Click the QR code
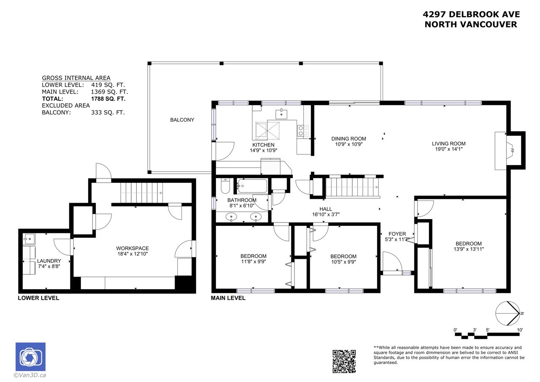pos(344,361)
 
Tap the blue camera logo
pos(31,357)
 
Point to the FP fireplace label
pos(512,151)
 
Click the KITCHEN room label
pos(263,145)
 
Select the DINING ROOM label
pos(348,139)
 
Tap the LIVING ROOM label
pos(448,144)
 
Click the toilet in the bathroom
pos(225,186)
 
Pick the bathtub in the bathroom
pos(252,186)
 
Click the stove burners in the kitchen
pos(303,131)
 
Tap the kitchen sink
pos(281,114)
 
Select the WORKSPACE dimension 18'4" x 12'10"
pos(132,254)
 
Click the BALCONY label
pos(182,120)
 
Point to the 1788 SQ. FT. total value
pos(108,99)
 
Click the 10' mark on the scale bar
pos(519,330)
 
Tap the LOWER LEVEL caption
pos(38,298)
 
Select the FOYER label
pos(397,234)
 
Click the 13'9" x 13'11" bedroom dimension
pos(468,249)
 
